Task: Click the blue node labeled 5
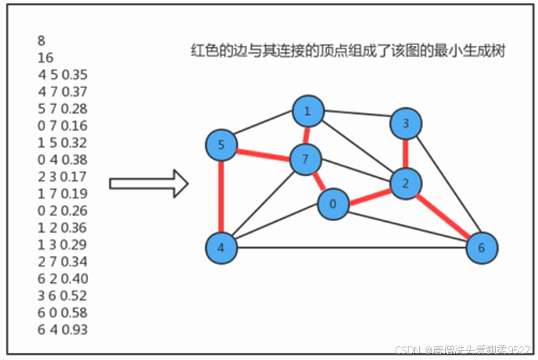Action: (221, 146)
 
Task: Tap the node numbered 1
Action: (308, 112)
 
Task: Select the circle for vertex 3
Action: (406, 125)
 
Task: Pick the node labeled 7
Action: (305, 160)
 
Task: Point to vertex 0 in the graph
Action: (333, 204)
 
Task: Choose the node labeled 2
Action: (406, 184)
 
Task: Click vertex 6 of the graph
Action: (481, 248)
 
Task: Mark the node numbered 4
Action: (221, 248)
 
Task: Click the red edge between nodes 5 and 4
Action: (221, 197)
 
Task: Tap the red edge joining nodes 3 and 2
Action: (406, 154)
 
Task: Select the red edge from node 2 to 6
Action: (444, 216)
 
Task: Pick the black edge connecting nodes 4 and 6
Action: (351, 248)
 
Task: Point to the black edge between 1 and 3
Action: (356, 118)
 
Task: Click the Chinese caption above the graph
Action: (348, 51)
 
